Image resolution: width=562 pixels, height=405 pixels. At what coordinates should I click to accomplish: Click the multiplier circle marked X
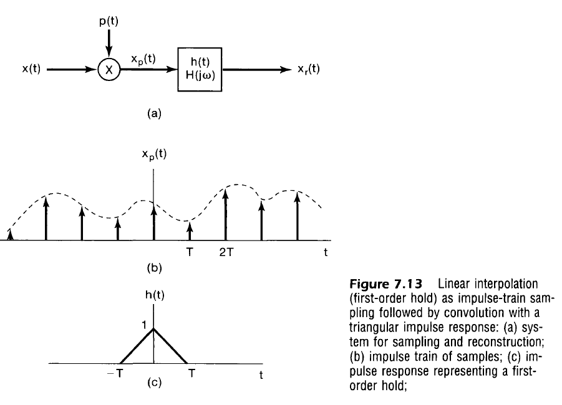[x=110, y=70]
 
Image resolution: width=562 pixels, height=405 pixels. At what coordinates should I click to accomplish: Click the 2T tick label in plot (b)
[x=226, y=252]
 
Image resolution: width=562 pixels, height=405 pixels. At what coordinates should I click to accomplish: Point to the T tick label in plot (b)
[x=190, y=252]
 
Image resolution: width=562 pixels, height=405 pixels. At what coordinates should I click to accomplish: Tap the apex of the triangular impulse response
[x=153, y=329]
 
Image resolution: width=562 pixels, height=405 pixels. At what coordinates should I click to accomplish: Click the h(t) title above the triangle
[x=153, y=296]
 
